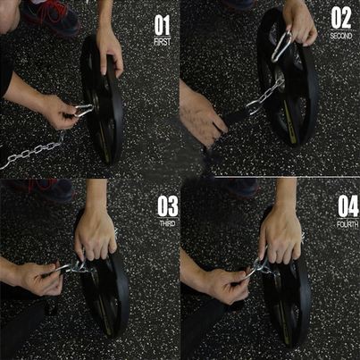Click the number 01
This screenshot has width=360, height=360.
(163, 24)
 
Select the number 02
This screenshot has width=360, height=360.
(341, 18)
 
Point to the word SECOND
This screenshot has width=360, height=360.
(341, 35)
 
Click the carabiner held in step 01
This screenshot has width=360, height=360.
(82, 111)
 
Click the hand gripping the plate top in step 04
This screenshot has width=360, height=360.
(280, 234)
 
